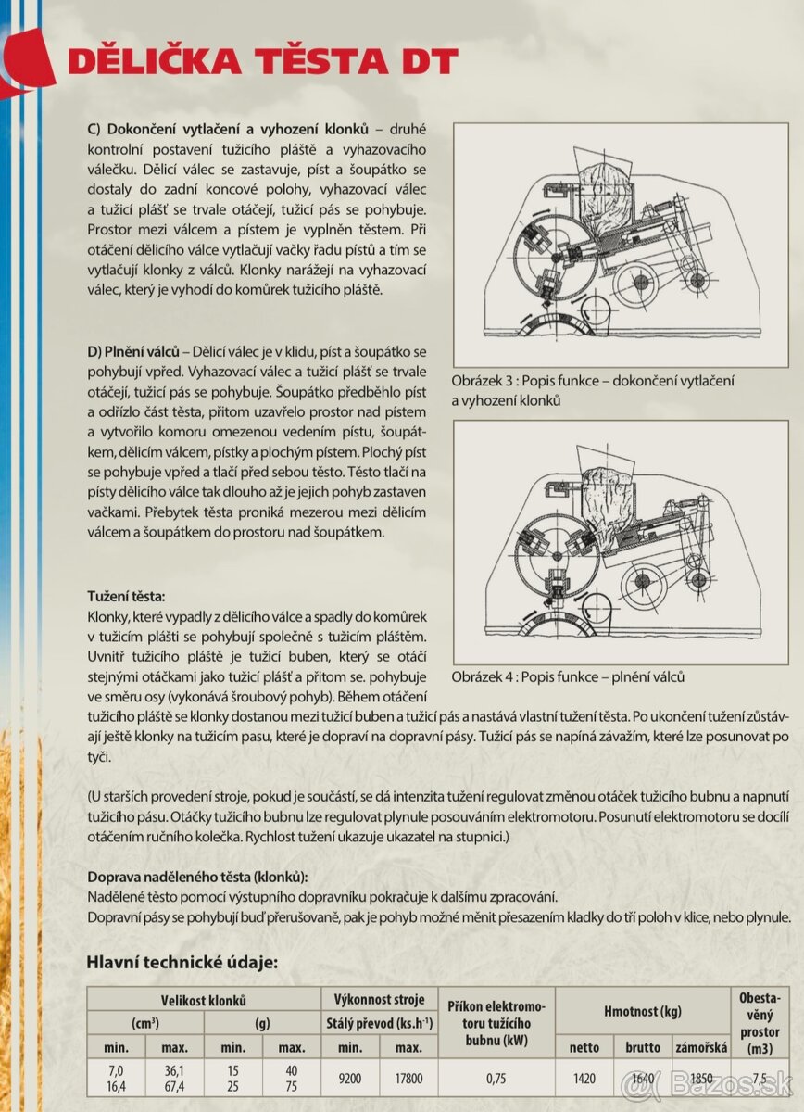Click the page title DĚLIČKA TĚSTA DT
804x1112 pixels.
(263, 61)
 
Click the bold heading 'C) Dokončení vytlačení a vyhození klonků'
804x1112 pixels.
(228, 128)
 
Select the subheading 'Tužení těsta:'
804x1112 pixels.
(127, 599)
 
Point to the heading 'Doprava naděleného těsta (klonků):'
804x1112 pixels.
(197, 878)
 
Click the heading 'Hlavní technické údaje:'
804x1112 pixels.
(182, 962)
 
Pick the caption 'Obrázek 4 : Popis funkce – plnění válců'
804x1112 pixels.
(568, 676)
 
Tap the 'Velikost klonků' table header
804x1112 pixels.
(204, 1001)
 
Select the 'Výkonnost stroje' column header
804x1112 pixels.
(379, 1000)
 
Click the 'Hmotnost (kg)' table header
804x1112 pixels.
(643, 1012)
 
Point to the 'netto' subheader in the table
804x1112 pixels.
(584, 1047)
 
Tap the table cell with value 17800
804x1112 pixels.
(408, 1078)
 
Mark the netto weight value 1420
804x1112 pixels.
(584, 1078)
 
